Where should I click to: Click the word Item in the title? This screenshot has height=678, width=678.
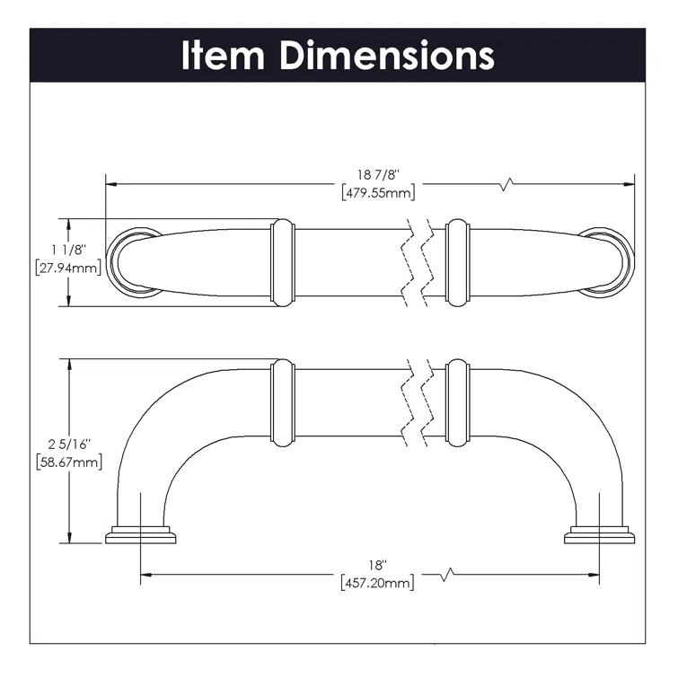point(224,55)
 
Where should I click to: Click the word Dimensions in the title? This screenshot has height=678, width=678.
point(386,55)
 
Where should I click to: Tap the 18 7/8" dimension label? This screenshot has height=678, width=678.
point(378,176)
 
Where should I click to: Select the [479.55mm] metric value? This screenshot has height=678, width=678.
point(378,192)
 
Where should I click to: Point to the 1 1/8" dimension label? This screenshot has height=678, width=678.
point(67,251)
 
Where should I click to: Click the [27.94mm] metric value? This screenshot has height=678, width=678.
point(67,268)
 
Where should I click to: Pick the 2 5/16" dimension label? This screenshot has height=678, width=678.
point(67,445)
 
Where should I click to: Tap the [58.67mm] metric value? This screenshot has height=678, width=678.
point(67,462)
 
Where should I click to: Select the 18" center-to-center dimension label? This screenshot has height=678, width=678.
point(378,566)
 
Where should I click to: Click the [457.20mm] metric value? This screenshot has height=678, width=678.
point(378,583)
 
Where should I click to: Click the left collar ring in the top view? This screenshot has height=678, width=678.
point(282,260)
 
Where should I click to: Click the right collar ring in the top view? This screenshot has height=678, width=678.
point(458,260)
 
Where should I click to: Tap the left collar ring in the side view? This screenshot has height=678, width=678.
point(282,402)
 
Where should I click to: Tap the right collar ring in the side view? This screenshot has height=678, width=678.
point(458,402)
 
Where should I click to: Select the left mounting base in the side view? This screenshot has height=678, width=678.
point(140,536)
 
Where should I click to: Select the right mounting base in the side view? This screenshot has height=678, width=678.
point(599,536)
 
